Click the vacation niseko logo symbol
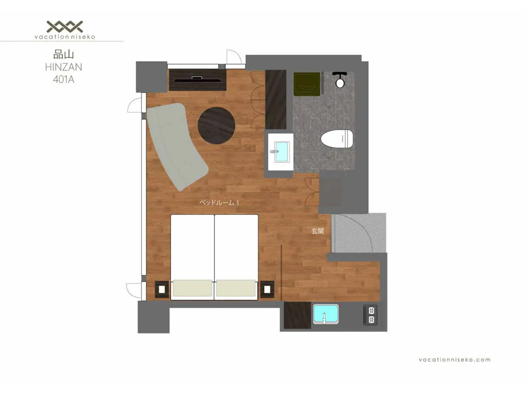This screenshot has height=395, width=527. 64,26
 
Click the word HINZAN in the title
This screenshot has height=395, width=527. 64,67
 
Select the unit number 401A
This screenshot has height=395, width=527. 64,79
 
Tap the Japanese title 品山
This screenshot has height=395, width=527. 64,55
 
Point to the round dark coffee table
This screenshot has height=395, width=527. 216,125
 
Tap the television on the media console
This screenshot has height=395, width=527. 197,79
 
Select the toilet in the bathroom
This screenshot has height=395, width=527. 337,139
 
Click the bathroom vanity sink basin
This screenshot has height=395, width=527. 282,152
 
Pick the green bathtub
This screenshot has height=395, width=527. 307,84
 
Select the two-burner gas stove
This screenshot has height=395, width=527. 370,315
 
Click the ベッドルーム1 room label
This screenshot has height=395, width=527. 219,203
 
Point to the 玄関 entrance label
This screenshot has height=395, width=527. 318,231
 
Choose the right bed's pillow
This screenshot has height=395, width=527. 236,288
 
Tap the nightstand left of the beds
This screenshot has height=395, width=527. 162,289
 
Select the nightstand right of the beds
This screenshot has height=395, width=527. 268,289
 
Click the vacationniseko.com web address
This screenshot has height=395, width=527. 455,359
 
